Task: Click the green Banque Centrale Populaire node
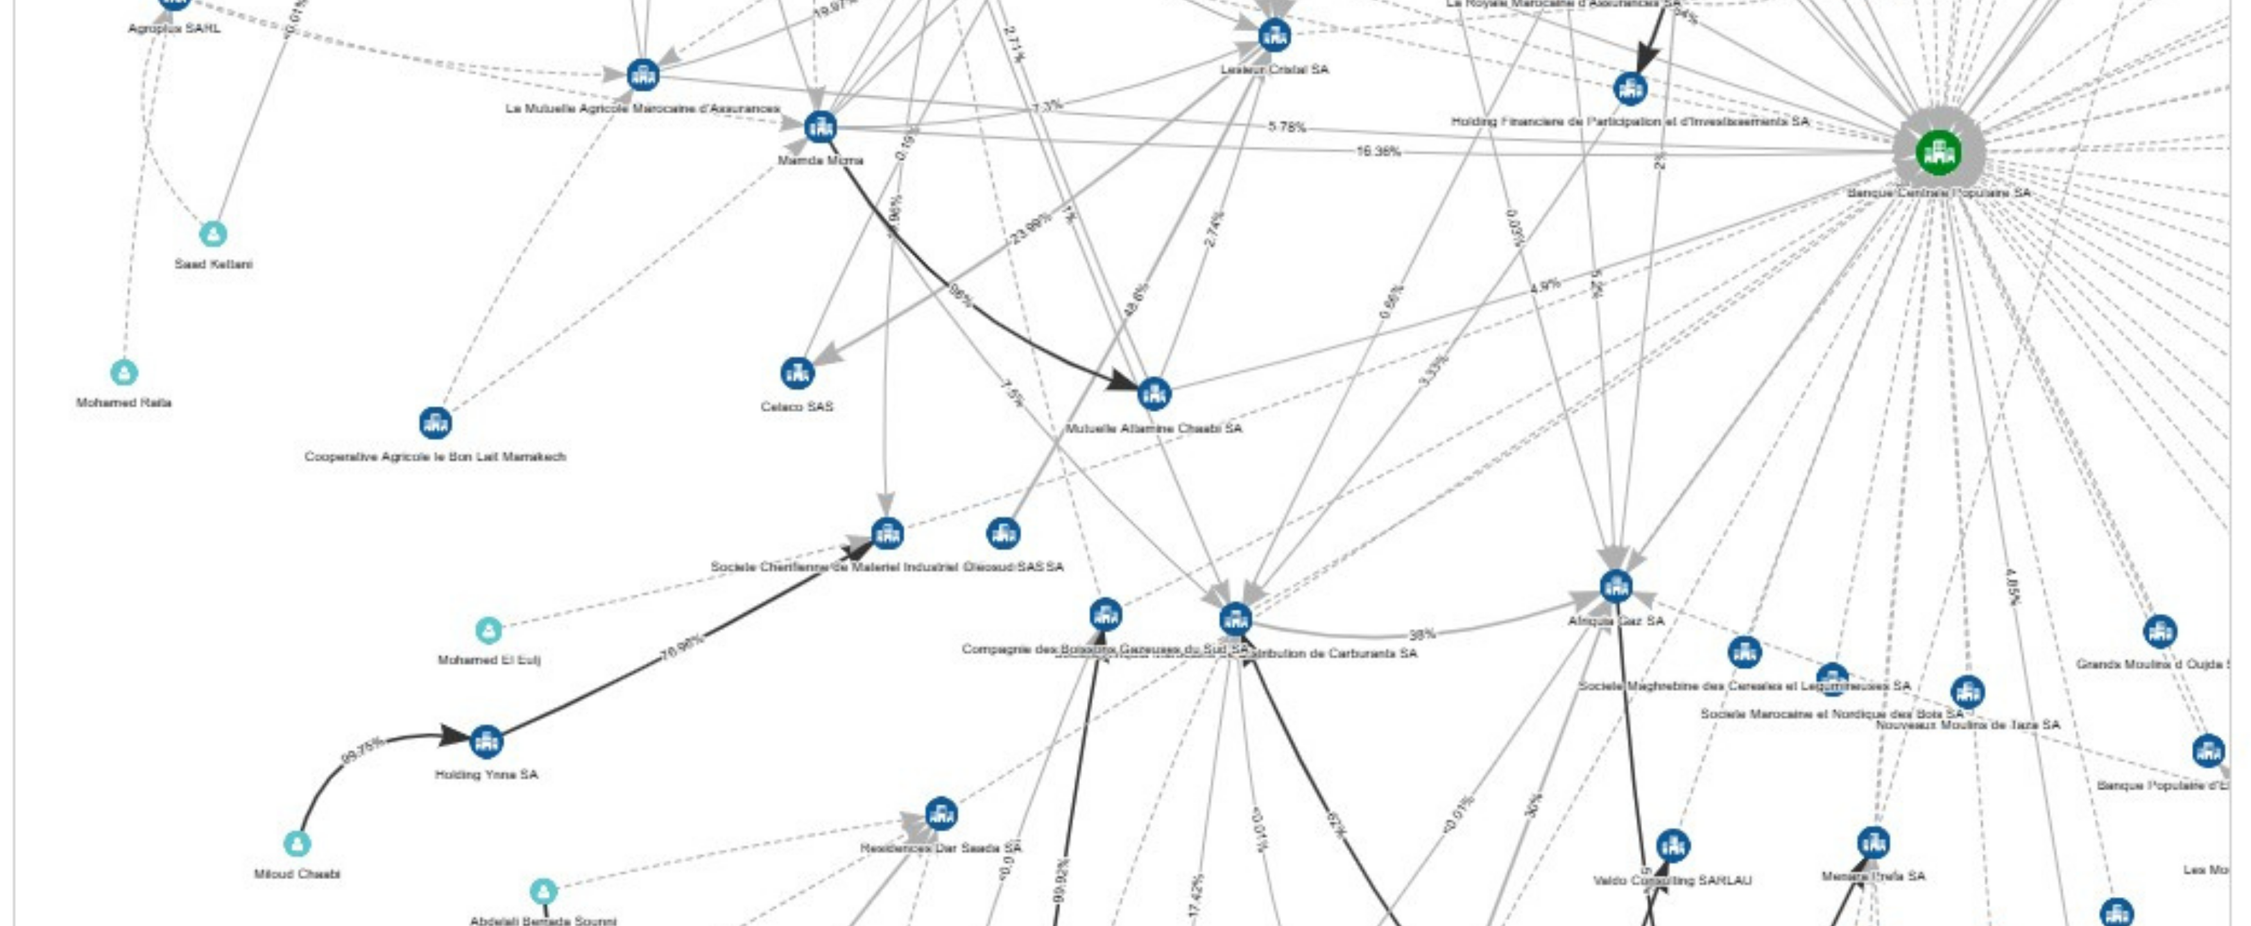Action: click(x=1938, y=153)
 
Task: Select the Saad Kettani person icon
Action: click(x=213, y=234)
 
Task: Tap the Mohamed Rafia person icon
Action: click(x=124, y=372)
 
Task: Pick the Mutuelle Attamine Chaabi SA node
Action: click(x=1154, y=394)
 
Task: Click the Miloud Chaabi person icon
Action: click(x=297, y=844)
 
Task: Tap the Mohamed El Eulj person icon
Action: click(x=488, y=630)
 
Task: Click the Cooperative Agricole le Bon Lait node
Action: click(x=435, y=423)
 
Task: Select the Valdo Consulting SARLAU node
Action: click(x=1672, y=846)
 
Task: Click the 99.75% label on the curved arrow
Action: click(x=362, y=750)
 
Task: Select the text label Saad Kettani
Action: click(x=213, y=264)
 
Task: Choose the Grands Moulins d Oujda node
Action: click(x=2160, y=631)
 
